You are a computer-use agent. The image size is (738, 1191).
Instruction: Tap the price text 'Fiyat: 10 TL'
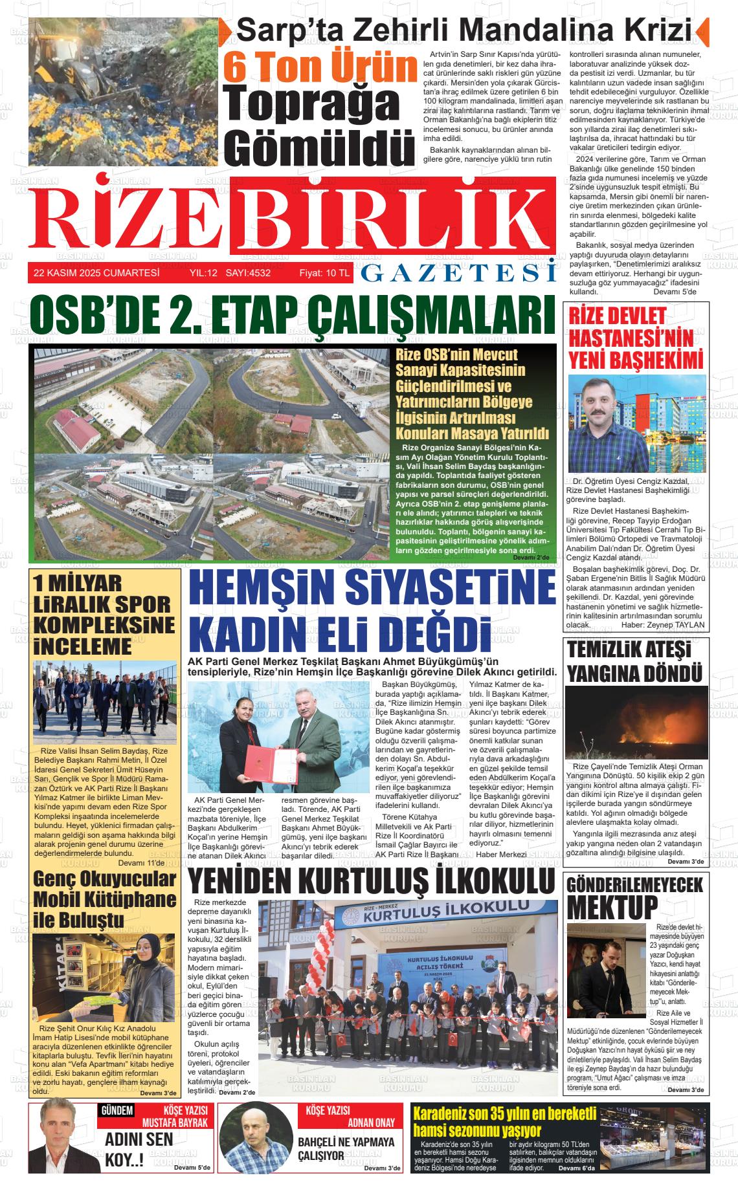[x=324, y=273]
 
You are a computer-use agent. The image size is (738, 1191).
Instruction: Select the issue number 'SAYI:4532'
[x=248, y=273]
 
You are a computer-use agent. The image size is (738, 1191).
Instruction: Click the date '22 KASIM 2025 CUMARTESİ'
[x=96, y=273]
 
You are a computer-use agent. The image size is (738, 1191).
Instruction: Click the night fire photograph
[x=635, y=722]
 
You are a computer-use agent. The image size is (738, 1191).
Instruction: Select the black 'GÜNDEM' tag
[x=117, y=1111]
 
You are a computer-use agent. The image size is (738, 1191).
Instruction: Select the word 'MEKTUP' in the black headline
[x=612, y=906]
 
